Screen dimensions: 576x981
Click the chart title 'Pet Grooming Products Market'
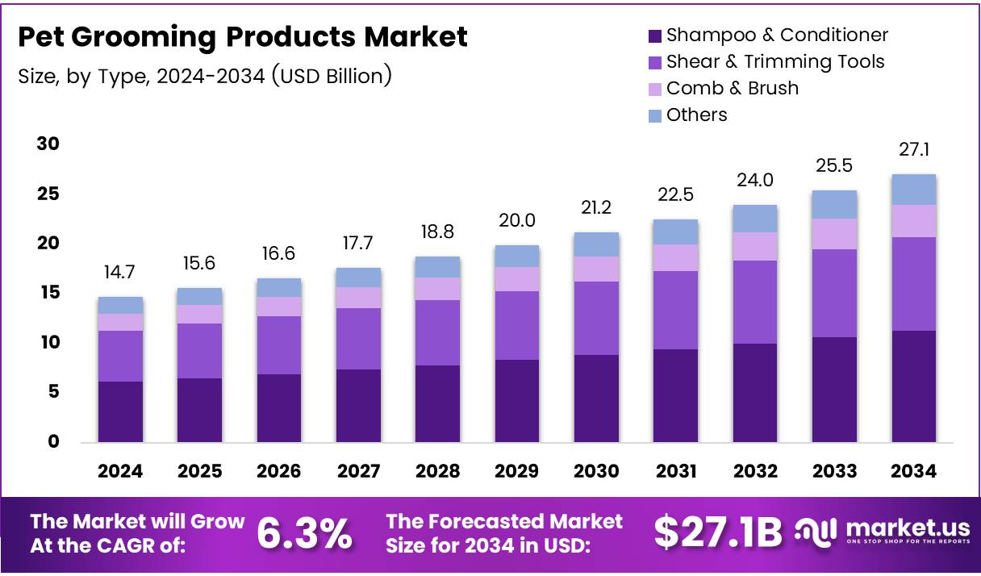click(x=242, y=37)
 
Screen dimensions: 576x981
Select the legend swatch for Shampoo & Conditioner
click(x=654, y=35)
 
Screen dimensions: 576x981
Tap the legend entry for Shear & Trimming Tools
click(x=774, y=61)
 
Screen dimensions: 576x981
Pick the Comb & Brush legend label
click(x=732, y=88)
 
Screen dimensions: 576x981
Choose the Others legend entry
click(x=696, y=115)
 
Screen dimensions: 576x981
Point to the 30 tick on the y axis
click(x=48, y=144)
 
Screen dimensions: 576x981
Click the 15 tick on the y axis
click(x=48, y=293)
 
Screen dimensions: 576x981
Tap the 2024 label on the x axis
click(x=120, y=472)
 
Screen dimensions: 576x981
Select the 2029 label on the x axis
click(x=517, y=472)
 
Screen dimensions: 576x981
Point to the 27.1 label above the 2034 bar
click(x=913, y=150)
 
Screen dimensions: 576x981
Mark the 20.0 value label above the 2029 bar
click(x=517, y=221)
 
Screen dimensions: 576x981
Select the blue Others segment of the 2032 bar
click(x=755, y=219)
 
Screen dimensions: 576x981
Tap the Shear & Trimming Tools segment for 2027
click(x=358, y=339)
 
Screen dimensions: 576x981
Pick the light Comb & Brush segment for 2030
click(x=596, y=269)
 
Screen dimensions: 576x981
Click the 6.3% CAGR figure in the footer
click(x=304, y=533)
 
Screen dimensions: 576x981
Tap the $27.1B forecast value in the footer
click(x=717, y=532)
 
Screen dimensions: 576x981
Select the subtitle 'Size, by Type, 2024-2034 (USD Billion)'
click(x=205, y=76)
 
